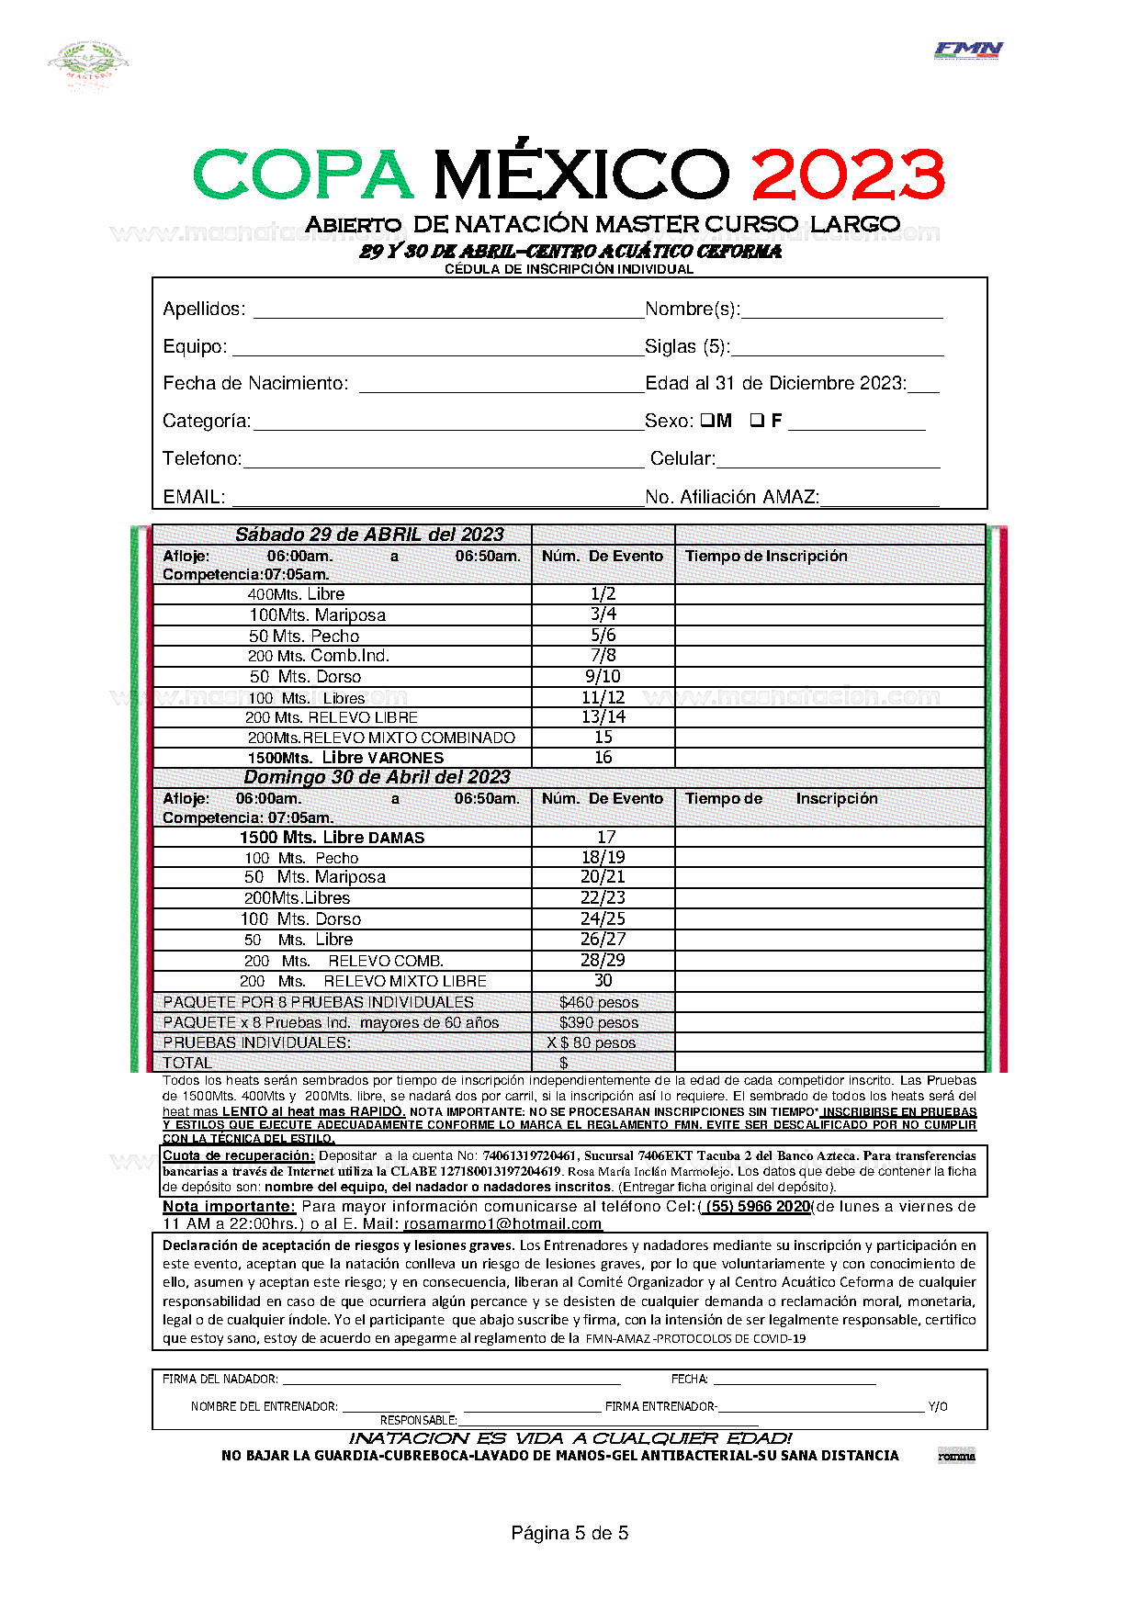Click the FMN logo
pos(968,51)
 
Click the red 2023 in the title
pos(848,175)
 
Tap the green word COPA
pos(303,175)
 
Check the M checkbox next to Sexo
pos(707,421)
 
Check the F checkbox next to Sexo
pos(757,421)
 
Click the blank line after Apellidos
pos(448,310)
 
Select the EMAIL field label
pos(194,497)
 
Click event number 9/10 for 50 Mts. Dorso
pos(603,677)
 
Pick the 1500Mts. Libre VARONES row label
pos(345,758)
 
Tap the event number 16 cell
pos(603,758)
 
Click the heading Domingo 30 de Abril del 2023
pos(377,777)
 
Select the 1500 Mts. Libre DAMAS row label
pos(332,838)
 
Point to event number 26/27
pos(603,940)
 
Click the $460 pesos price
pos(599,1002)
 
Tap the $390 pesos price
pos(599,1022)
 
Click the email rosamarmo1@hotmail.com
pos(502,1224)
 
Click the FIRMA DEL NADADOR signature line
pos(450,1380)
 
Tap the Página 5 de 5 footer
pos(569,1532)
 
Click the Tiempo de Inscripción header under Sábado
pos(766,557)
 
